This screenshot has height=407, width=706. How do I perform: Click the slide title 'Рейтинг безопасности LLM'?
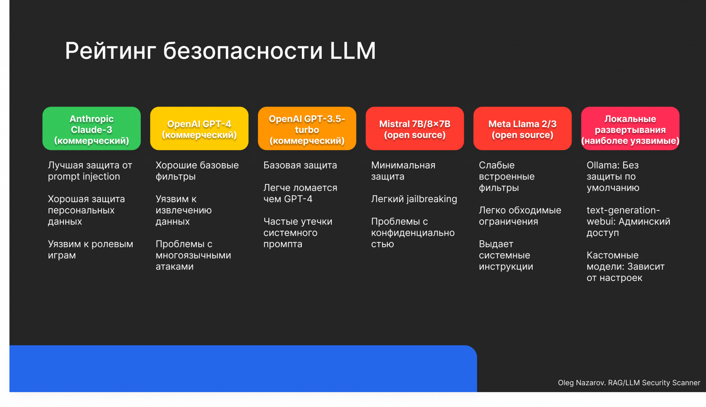(x=220, y=50)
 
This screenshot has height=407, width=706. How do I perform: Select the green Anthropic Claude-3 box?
(x=91, y=129)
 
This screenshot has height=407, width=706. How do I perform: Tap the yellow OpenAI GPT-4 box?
(x=199, y=129)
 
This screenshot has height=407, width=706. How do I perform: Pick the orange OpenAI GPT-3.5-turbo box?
(x=307, y=129)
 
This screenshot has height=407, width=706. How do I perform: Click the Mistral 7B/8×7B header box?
(x=415, y=129)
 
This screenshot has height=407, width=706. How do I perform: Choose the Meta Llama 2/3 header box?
(x=522, y=129)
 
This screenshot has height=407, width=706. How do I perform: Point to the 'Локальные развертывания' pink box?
(x=630, y=129)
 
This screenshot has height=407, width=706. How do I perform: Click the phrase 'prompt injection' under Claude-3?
(x=84, y=177)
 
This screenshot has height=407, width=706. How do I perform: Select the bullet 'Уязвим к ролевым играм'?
(x=90, y=250)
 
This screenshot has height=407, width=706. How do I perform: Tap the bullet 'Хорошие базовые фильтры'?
(x=197, y=171)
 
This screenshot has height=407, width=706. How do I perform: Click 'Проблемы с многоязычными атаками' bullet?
(x=193, y=255)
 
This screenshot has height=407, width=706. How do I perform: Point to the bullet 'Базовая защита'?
(x=300, y=165)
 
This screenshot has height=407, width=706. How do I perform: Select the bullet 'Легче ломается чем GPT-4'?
(x=300, y=194)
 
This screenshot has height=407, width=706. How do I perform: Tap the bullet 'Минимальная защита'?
(x=403, y=171)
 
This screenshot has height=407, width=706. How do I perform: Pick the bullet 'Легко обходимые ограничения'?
(x=520, y=216)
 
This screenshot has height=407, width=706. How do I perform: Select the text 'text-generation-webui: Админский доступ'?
(x=628, y=222)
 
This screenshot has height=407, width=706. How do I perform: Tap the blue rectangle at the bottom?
(x=243, y=369)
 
